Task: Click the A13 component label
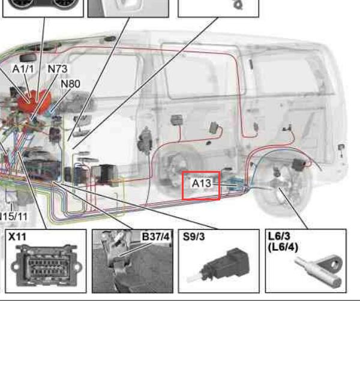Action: (201, 183)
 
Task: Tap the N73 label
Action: (58, 69)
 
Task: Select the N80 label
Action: (70, 84)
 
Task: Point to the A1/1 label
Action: (23, 69)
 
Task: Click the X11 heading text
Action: (17, 236)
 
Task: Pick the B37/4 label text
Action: (155, 236)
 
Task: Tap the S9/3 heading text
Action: (194, 236)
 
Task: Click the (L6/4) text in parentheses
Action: (283, 247)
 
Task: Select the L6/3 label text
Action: (279, 236)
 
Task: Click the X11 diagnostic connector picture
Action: (46, 265)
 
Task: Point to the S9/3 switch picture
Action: (218, 265)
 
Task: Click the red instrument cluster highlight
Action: (34, 100)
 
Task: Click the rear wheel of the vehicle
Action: (283, 184)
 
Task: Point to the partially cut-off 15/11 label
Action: (14, 217)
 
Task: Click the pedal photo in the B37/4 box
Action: (133, 261)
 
